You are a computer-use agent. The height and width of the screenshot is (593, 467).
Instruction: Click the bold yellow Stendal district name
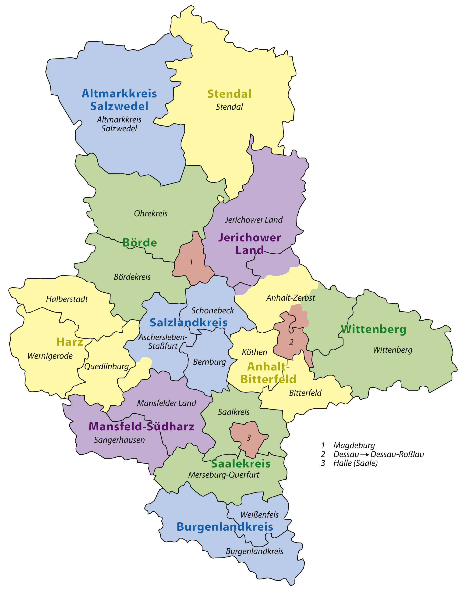[x=229, y=94]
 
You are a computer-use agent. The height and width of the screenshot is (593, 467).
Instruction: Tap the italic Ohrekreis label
[x=151, y=213]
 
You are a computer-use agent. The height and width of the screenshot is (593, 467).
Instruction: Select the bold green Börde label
[x=139, y=242]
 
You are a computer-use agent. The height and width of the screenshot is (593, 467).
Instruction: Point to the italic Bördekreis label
[x=132, y=277]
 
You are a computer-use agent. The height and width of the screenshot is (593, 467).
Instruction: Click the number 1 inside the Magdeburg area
[x=191, y=262]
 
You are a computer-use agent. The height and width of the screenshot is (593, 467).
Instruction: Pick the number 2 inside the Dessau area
[x=291, y=342]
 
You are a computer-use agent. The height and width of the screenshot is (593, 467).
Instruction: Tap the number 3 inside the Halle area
[x=248, y=438]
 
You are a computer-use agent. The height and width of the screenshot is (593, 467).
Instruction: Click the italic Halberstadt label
[x=67, y=299]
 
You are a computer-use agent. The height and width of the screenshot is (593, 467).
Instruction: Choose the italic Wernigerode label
[x=50, y=356]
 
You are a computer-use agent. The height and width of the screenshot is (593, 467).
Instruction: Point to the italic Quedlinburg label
[x=106, y=367]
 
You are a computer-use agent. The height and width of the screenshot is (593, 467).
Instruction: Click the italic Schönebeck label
[x=212, y=311]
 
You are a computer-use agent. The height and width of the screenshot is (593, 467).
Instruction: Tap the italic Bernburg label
[x=209, y=362]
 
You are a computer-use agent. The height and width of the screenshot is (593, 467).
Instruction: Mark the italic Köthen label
[x=254, y=352]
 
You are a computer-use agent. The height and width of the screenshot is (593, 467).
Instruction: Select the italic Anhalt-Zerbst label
[x=290, y=298]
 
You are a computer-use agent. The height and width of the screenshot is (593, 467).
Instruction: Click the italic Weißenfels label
[x=259, y=515]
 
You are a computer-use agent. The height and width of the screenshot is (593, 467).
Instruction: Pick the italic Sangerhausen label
[x=119, y=440]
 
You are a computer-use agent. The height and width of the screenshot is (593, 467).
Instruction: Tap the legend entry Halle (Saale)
[x=355, y=463]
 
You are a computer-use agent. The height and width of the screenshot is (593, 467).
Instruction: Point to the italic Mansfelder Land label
[x=166, y=403]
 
